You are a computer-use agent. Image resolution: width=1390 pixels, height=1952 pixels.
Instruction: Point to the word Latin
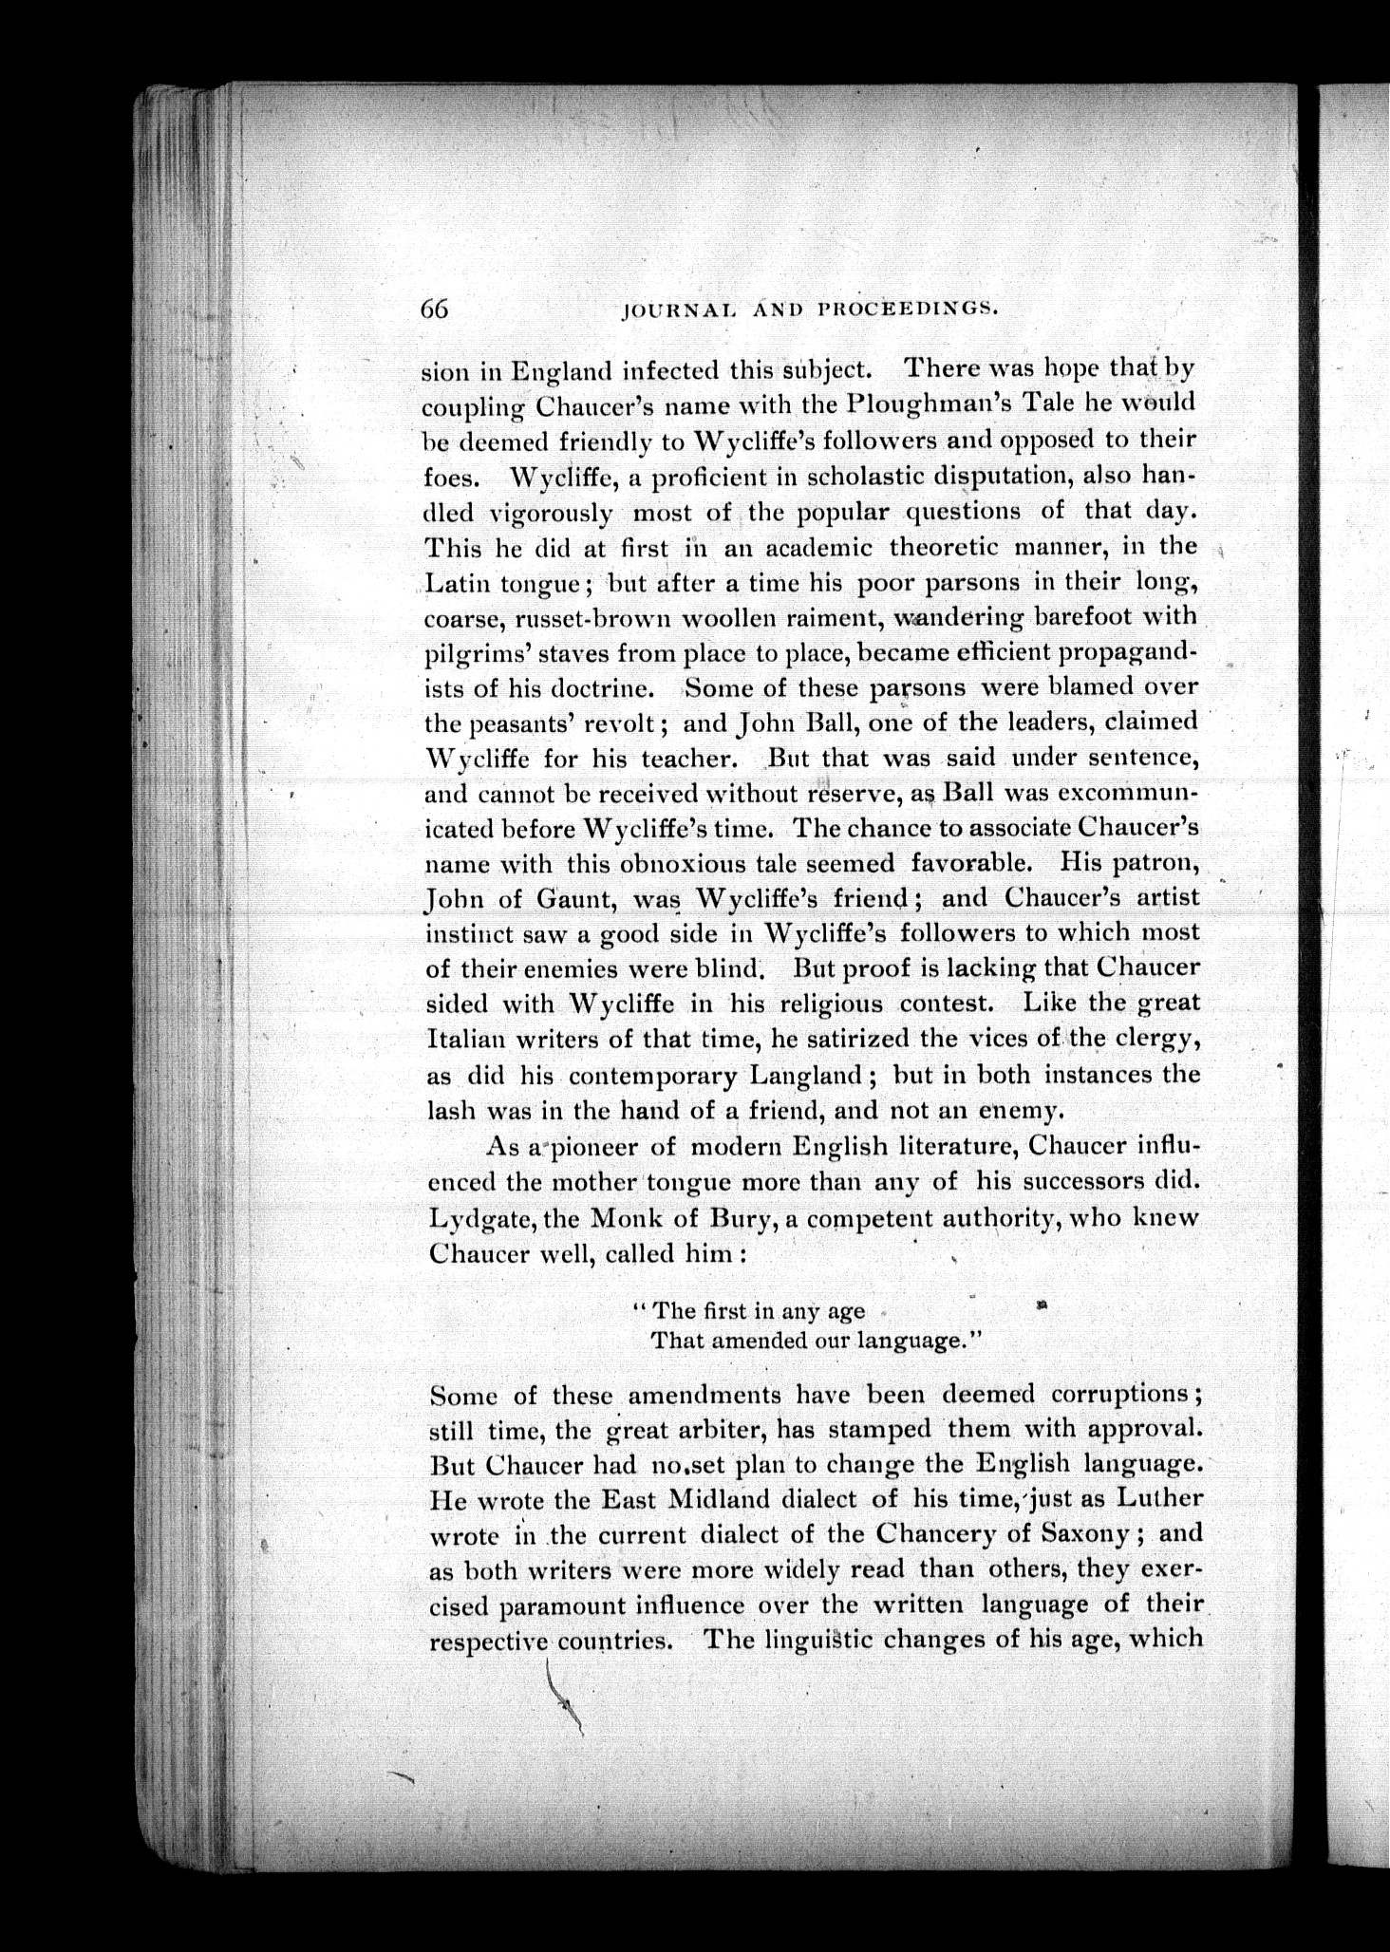pyautogui.click(x=457, y=582)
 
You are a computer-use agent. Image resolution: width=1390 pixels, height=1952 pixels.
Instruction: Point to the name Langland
pyautogui.click(x=807, y=1076)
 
